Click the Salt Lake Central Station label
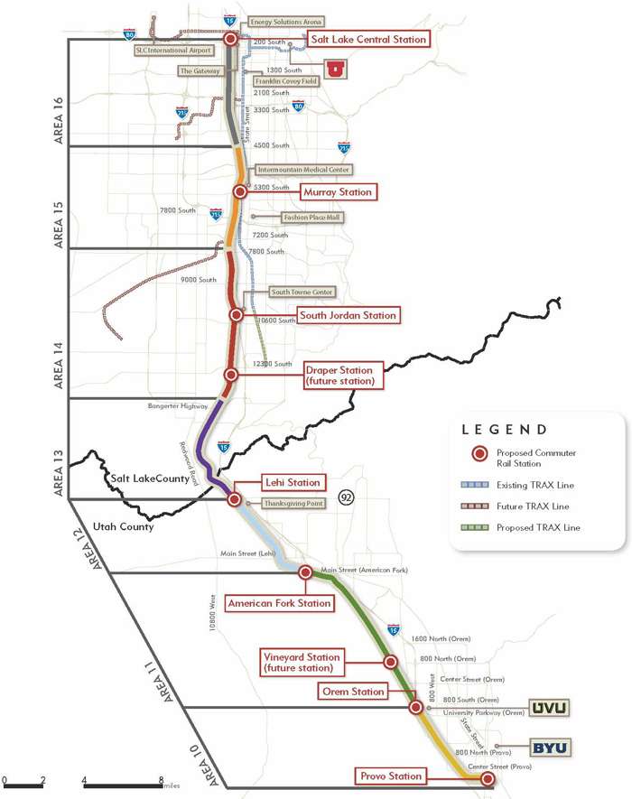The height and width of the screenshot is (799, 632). pos(367,39)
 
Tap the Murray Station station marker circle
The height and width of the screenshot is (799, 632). pos(240,191)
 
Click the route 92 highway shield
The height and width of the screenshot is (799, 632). pos(346,497)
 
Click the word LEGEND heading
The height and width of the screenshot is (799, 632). pos(504,430)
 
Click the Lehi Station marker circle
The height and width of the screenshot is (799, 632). pos(234,498)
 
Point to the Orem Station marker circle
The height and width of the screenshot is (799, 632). pos(415,708)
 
